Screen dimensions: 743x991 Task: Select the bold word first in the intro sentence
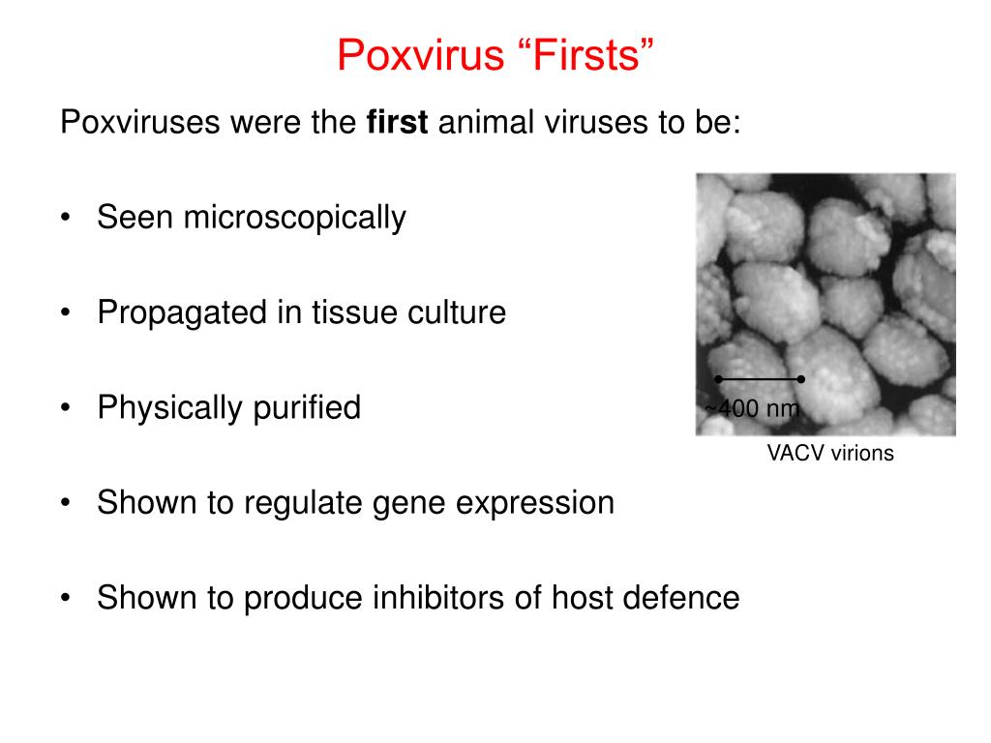tap(397, 123)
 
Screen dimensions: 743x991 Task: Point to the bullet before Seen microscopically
tap(65, 219)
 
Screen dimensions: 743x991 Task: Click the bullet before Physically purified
tap(65, 407)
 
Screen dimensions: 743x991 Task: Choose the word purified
tap(307, 407)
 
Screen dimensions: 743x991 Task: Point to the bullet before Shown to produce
tap(65, 598)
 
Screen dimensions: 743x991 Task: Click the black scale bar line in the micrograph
tap(760, 379)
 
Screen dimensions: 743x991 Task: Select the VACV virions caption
tap(830, 453)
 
